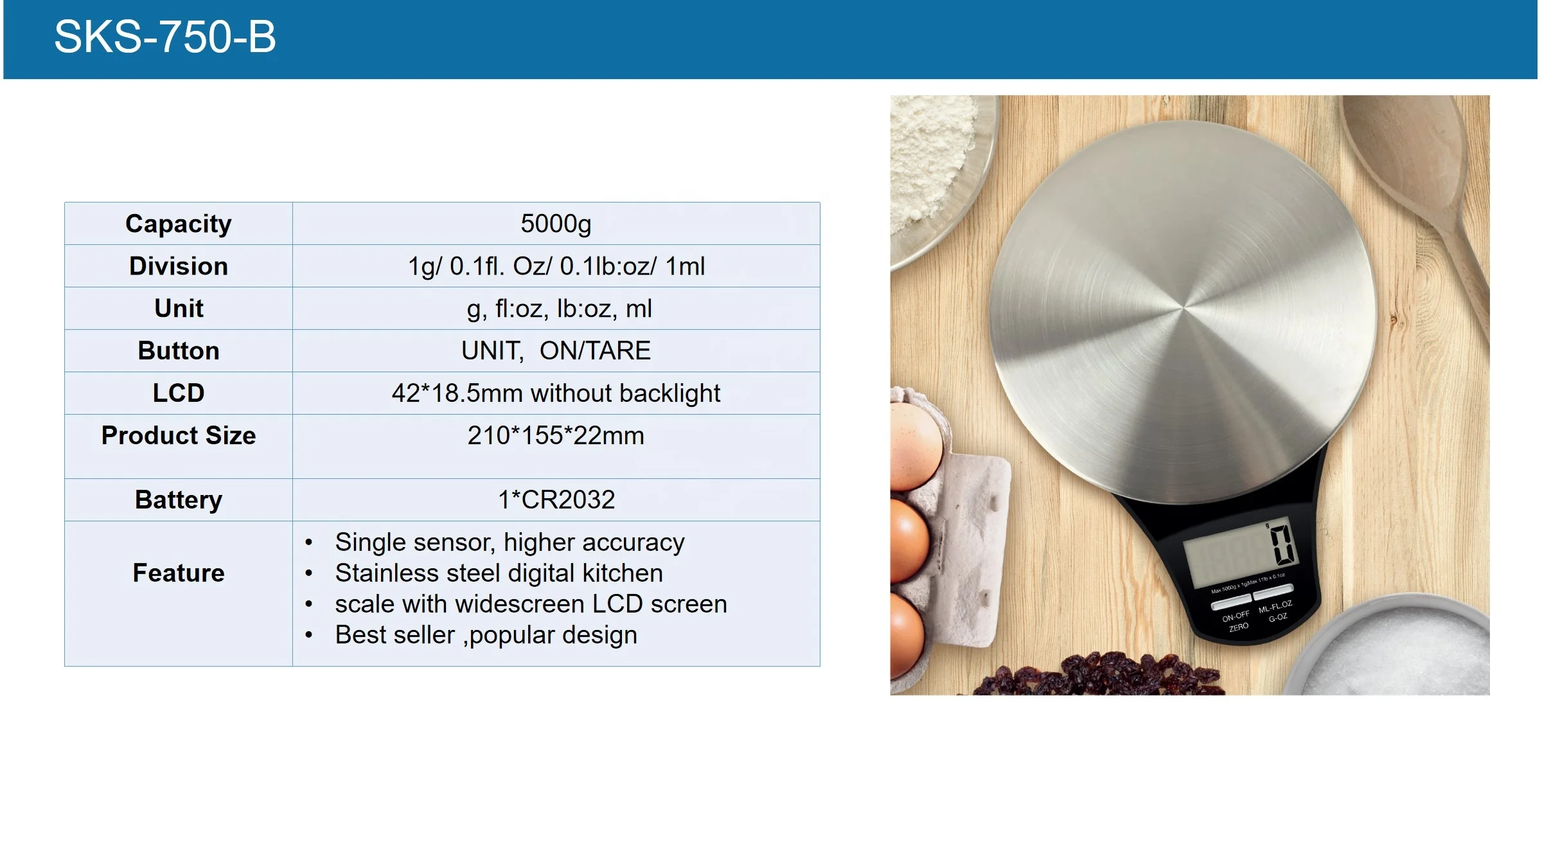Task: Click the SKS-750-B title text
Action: click(165, 37)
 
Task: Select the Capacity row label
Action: click(179, 224)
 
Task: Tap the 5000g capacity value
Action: click(556, 224)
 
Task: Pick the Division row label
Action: click(179, 266)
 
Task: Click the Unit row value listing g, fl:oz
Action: click(559, 309)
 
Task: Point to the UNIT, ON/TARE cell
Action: click(556, 351)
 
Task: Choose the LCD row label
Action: click(179, 393)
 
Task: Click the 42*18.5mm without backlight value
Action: click(556, 393)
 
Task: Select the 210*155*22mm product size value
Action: click(556, 436)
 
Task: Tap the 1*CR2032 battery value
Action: click(556, 500)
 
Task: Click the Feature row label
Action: click(179, 573)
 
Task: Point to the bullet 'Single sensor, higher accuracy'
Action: click(510, 543)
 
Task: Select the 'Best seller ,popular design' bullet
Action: click(486, 635)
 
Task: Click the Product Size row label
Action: click(179, 436)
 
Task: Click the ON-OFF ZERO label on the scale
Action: click(1236, 621)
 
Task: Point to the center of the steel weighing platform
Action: click(1183, 309)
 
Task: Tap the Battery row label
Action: click(179, 500)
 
